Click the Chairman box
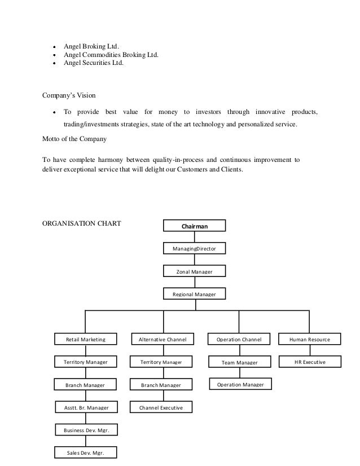click(x=194, y=226)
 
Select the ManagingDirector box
click(x=194, y=248)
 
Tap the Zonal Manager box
click(x=194, y=271)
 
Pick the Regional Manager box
click(x=194, y=294)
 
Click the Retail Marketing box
click(x=85, y=339)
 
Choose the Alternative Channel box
click(x=162, y=339)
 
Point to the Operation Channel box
click(x=239, y=339)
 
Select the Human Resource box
click(x=310, y=339)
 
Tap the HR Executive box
click(x=310, y=362)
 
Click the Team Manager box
click(x=239, y=362)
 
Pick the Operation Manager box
click(x=240, y=384)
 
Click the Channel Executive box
click(x=161, y=407)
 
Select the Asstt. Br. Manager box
click(x=85, y=407)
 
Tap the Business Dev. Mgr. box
click(x=86, y=430)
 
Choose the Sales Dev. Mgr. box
click(x=86, y=452)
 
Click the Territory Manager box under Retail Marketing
click(x=85, y=362)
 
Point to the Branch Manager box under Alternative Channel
click(x=161, y=385)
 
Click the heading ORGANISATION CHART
click(x=82, y=222)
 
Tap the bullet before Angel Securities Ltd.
click(x=54, y=64)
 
